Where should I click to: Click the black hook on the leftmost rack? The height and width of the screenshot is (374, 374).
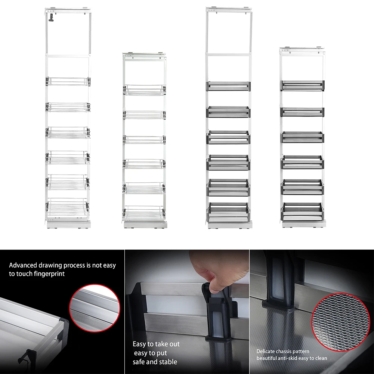click(51, 18)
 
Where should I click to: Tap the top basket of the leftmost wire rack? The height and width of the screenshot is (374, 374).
click(68, 81)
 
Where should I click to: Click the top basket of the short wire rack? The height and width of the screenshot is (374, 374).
click(144, 90)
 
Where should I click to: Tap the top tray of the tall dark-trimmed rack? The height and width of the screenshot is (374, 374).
click(229, 86)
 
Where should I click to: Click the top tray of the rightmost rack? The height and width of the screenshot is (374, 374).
click(302, 86)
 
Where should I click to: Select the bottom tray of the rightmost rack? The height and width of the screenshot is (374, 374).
click(302, 212)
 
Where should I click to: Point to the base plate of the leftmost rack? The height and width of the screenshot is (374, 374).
click(69, 225)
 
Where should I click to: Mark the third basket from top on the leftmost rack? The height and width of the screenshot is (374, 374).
click(68, 132)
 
